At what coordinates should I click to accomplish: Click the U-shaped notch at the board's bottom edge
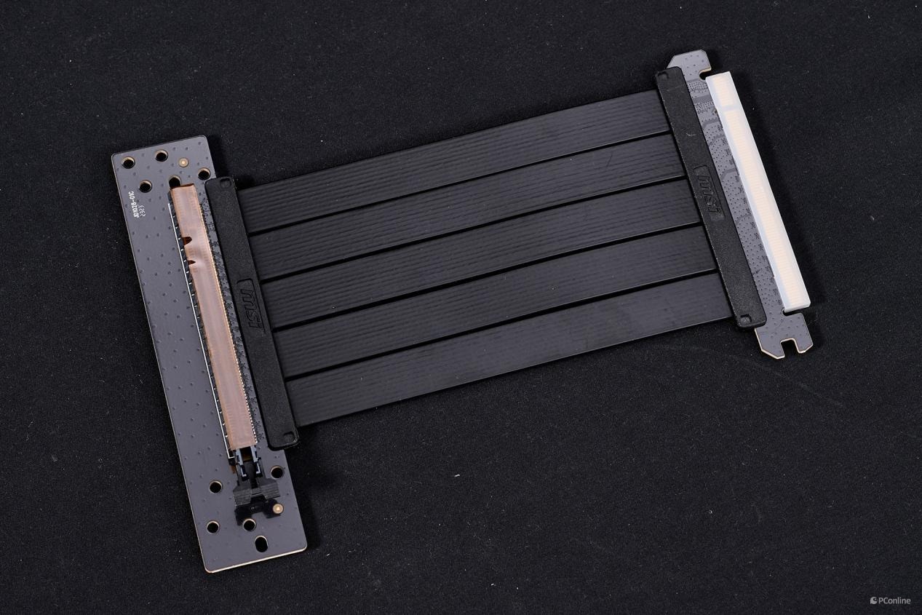(263, 543)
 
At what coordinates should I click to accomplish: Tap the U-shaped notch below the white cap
(785, 340)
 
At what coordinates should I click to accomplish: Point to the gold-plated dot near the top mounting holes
(183, 162)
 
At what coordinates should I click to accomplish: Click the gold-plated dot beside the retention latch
(277, 507)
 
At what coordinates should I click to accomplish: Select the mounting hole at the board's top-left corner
(129, 161)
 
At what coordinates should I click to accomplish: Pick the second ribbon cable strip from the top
(466, 211)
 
